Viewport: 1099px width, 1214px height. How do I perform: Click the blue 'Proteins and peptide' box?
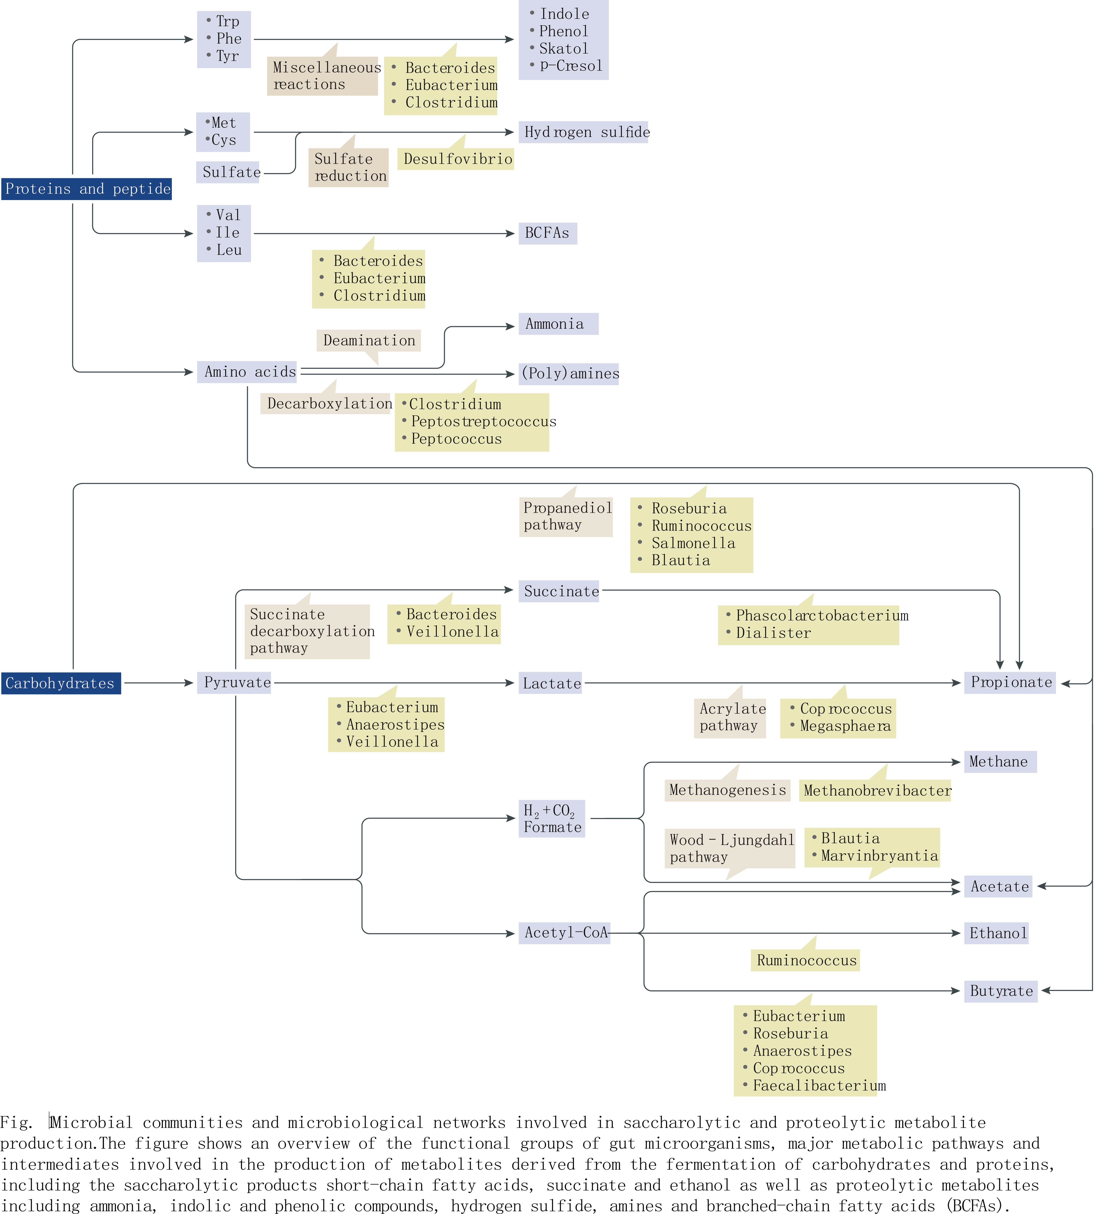87,189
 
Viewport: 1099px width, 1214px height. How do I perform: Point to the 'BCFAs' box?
547,233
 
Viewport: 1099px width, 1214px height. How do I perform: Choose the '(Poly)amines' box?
569,373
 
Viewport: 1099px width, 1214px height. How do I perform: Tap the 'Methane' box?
999,762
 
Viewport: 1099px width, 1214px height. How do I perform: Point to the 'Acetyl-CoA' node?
565,933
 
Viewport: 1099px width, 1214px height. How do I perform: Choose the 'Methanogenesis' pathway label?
727,790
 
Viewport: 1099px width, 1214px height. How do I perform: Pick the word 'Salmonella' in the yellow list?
693,543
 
